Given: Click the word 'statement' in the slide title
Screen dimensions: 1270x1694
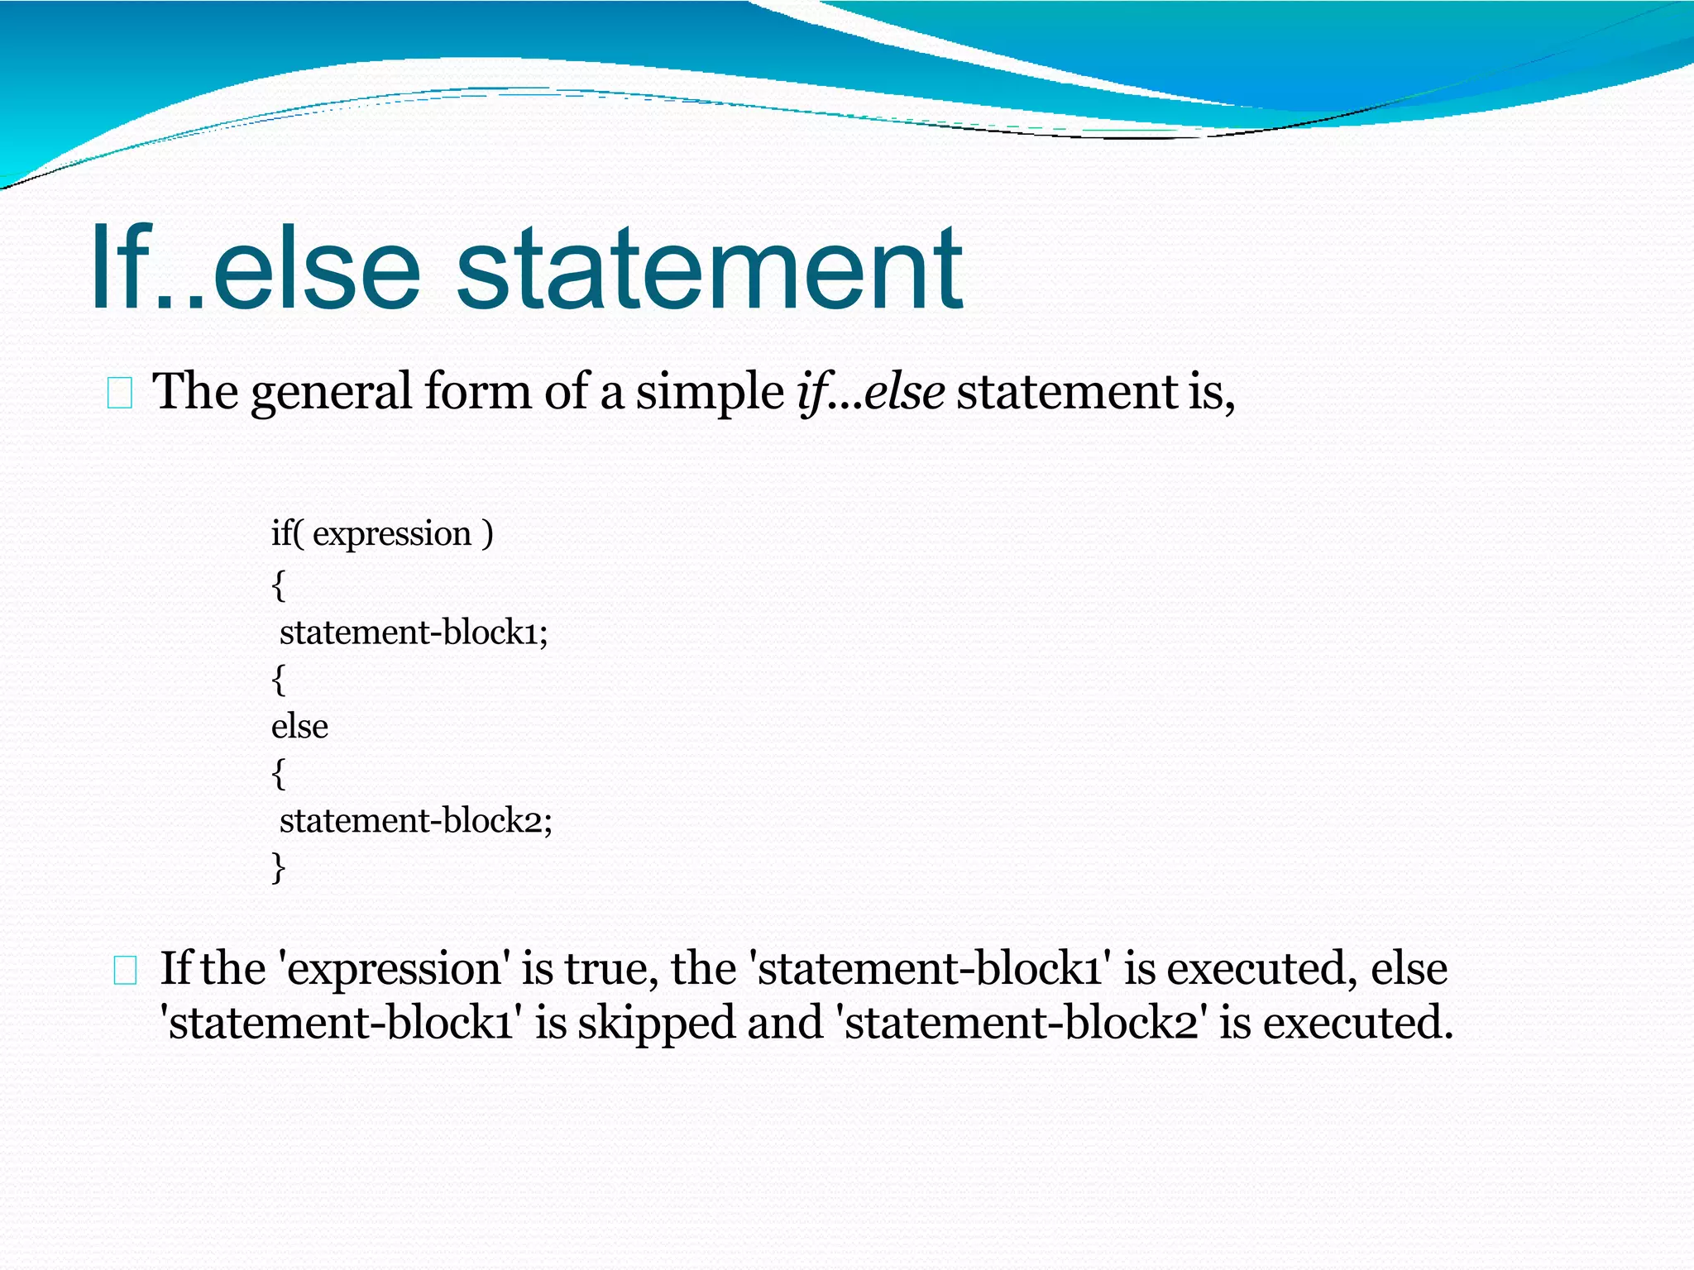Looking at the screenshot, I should tap(709, 269).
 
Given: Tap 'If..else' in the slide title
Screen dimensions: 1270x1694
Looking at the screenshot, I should tap(256, 269).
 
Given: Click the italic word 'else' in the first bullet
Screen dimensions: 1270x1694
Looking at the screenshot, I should tap(903, 391).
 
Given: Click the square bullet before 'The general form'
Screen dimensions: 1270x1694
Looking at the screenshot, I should tap(120, 394).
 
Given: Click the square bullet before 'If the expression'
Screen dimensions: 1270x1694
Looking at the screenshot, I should tap(125, 971).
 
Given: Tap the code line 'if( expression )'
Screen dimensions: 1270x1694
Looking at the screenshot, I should tap(382, 534).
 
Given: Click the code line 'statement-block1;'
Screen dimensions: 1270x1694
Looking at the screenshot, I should tap(414, 633).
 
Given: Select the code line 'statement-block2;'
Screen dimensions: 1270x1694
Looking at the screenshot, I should tap(415, 821).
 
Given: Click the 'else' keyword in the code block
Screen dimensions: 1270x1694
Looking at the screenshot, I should tap(299, 727).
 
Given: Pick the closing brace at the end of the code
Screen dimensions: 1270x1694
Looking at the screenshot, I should tap(279, 868).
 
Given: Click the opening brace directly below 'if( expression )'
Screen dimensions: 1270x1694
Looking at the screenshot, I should tap(279, 585).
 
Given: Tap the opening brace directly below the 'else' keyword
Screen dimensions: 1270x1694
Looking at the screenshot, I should tap(279, 774).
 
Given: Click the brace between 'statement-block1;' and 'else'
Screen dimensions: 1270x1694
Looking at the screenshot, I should tap(279, 680).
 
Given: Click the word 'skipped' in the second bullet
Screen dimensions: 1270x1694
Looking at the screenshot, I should tap(656, 1023).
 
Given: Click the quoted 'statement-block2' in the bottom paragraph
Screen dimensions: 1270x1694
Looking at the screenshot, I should tap(1022, 1023).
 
